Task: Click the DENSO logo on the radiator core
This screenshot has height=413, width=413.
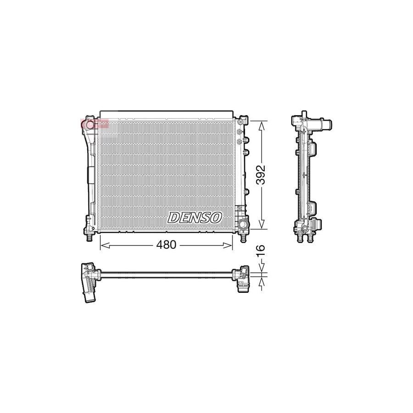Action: (195, 217)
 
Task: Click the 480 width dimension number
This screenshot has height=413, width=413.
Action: (166, 245)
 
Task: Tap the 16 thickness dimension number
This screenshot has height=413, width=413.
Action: (261, 251)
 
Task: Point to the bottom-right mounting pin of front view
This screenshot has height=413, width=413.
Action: (244, 237)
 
